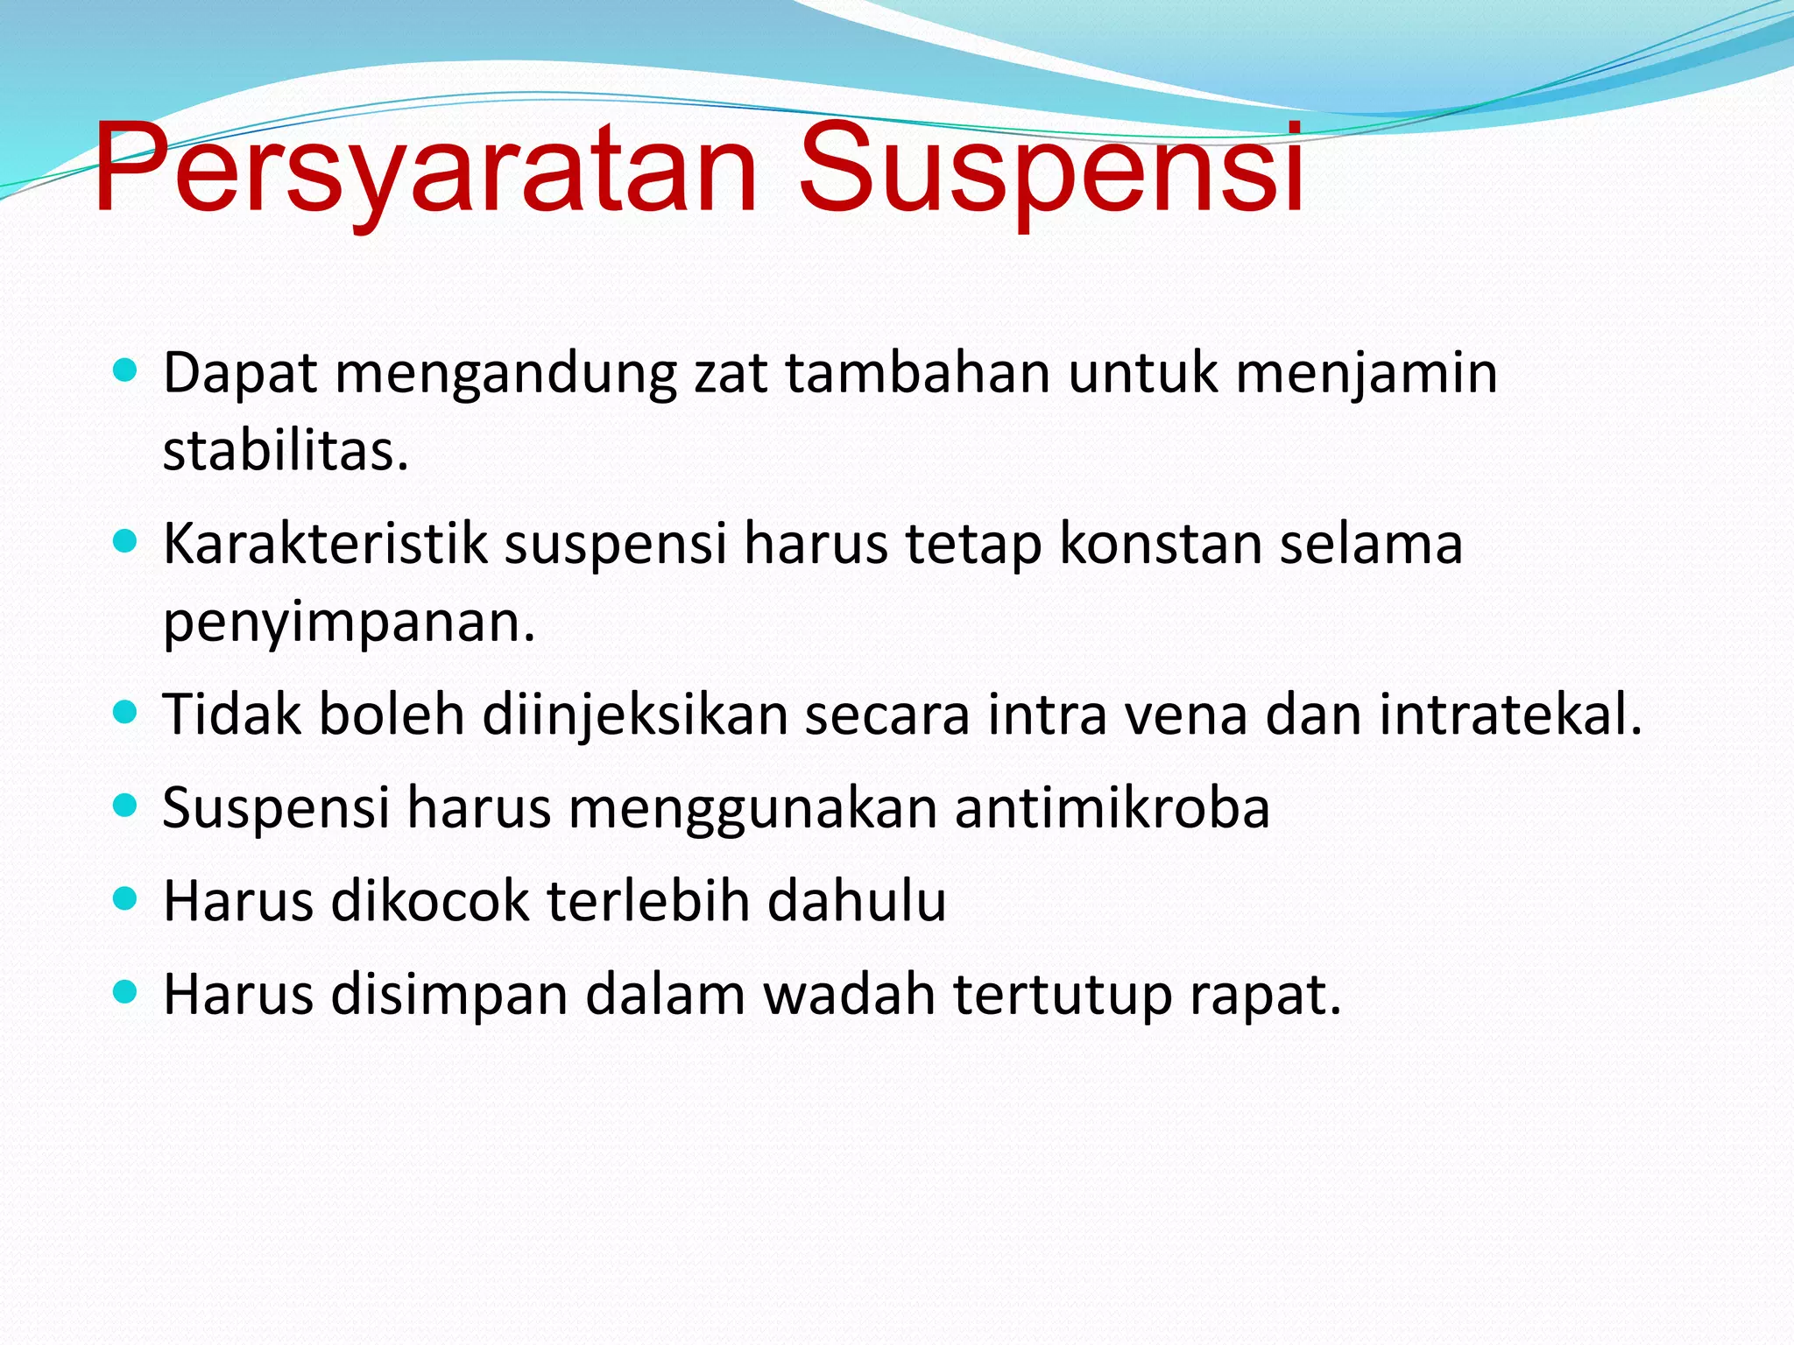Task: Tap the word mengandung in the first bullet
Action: click(x=505, y=374)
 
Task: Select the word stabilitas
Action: click(x=286, y=452)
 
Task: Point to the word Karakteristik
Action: click(x=325, y=544)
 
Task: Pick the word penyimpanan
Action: click(x=349, y=623)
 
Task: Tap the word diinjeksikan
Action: click(x=634, y=715)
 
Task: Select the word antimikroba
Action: click(x=1112, y=807)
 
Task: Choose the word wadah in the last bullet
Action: click(x=849, y=995)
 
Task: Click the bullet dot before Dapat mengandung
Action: click(x=126, y=370)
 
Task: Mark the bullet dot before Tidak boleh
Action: click(x=126, y=712)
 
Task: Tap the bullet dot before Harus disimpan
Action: click(x=126, y=992)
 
